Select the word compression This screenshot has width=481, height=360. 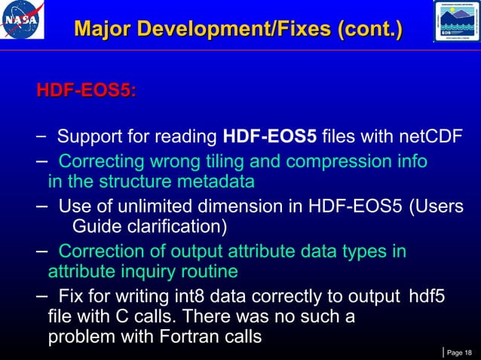coord(345,162)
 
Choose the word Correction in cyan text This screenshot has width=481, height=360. coord(98,251)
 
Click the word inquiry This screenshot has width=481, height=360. coord(153,271)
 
